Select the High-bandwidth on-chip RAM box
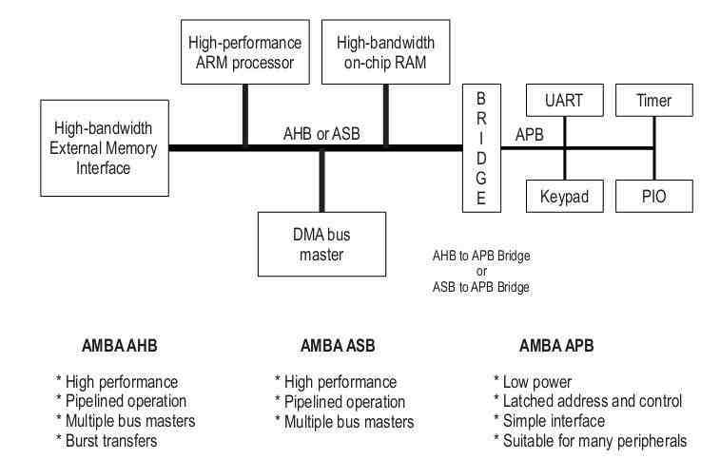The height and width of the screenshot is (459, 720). point(384,54)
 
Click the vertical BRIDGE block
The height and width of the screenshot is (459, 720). point(481,148)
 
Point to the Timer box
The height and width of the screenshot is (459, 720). point(654,98)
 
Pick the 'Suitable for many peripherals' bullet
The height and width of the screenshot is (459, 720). point(590,439)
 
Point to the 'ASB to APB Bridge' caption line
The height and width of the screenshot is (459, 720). point(481,286)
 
